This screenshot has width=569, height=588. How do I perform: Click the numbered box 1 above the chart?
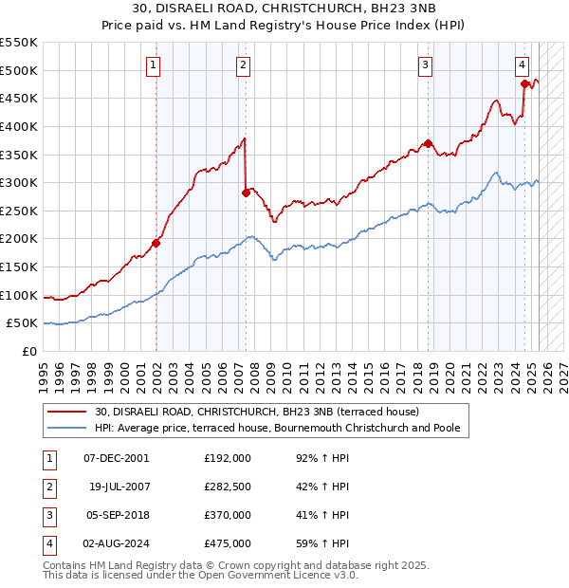[x=153, y=64]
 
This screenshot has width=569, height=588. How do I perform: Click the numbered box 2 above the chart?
[x=244, y=64]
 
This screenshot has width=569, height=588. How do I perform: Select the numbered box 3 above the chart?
[x=426, y=64]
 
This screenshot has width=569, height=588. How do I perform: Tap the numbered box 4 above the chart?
[x=523, y=64]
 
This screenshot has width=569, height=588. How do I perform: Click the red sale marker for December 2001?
[x=156, y=243]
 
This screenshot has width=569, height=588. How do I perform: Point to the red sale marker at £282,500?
[x=246, y=193]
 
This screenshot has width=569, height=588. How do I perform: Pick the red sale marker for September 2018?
[x=428, y=143]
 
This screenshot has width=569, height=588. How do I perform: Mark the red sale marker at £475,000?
[x=524, y=83]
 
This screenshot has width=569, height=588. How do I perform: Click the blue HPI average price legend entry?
[x=277, y=429]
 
